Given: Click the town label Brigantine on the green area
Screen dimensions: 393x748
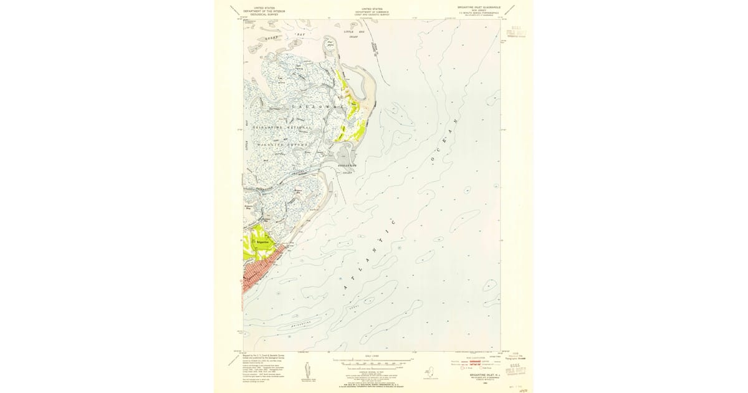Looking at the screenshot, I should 262,241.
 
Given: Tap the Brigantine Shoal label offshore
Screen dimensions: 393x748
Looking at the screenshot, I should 310,324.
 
